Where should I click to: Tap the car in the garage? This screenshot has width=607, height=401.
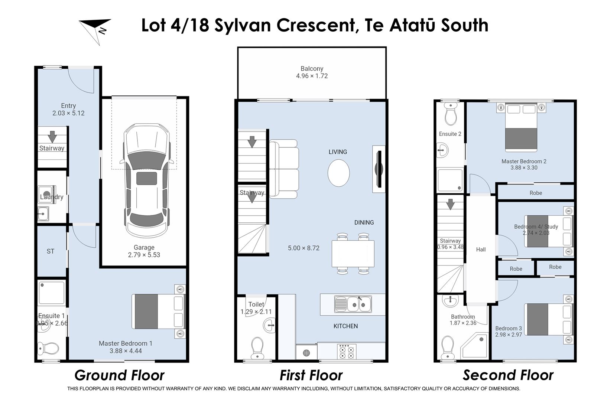click(146, 180)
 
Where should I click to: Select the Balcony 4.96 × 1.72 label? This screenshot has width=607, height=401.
click(312, 72)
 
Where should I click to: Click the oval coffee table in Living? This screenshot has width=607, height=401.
click(338, 173)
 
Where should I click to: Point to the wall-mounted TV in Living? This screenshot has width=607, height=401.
click(379, 169)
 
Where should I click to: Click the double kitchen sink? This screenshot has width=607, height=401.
click(353, 304)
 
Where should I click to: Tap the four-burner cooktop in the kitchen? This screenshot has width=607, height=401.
click(346, 351)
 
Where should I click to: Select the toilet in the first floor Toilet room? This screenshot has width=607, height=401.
click(257, 348)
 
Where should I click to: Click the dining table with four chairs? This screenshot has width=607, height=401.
click(353, 254)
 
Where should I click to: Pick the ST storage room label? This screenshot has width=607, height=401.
click(51, 251)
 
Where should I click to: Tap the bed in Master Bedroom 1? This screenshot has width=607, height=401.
click(158, 311)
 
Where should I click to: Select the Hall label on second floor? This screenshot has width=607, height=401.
click(481, 250)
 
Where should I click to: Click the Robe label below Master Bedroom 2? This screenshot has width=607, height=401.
click(536, 193)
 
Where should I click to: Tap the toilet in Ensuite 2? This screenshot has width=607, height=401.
click(451, 114)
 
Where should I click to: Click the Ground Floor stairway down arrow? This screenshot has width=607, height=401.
click(52, 136)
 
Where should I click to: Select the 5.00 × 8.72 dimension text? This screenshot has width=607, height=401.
click(303, 248)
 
